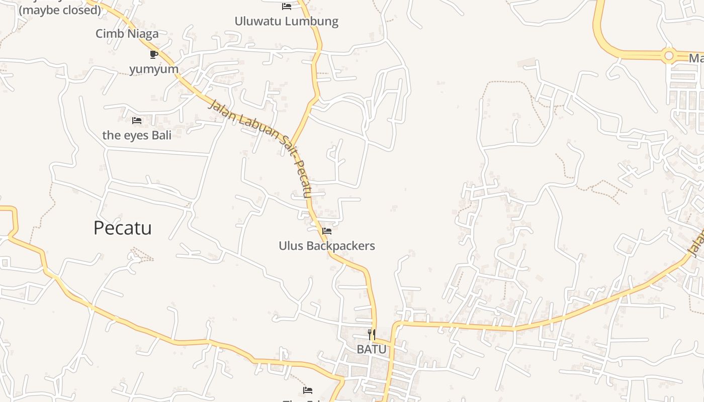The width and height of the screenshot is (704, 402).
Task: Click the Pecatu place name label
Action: coord(123,228)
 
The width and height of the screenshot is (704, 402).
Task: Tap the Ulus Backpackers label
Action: coord(327,246)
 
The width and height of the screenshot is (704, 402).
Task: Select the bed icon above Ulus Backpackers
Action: coord(327,231)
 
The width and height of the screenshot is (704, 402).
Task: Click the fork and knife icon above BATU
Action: coord(372,334)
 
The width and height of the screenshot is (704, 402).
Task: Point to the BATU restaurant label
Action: coord(372,349)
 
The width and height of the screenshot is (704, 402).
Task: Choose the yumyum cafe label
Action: coord(154,69)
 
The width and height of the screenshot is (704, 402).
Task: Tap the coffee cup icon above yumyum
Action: coord(154,54)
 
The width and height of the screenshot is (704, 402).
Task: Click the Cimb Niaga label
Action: coord(127,34)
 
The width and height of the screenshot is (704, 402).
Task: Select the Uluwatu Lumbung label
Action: coord(287,21)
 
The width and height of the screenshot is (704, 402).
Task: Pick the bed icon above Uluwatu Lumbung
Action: coord(287,7)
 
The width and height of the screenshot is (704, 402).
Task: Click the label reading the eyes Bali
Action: coord(137,135)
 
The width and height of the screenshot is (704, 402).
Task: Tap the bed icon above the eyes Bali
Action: coord(137,121)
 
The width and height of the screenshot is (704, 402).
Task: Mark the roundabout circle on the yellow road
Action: coord(669,56)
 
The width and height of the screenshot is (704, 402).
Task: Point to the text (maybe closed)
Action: coord(60,10)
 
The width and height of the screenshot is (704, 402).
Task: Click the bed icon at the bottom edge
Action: coord(308,390)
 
